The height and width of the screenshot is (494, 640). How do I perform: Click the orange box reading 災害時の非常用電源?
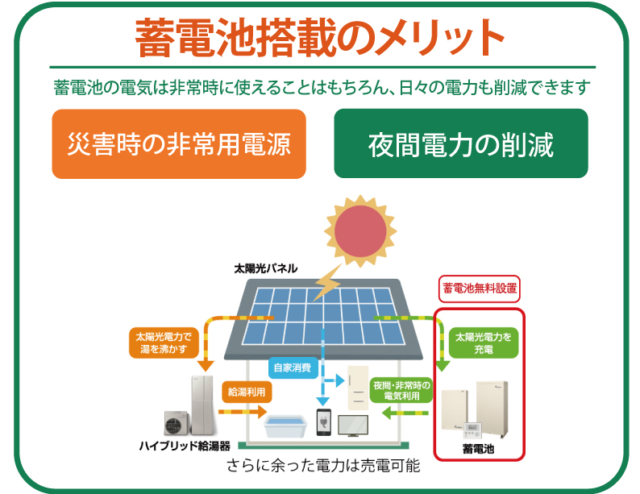[x=179, y=143]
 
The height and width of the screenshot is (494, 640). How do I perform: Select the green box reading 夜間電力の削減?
[x=461, y=143]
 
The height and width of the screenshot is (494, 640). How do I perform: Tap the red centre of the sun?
[x=360, y=231]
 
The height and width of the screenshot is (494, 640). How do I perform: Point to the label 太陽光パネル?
[x=266, y=268]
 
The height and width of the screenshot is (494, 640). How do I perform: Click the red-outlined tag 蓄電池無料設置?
[x=480, y=289]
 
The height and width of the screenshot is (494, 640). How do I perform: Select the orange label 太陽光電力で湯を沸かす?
[x=164, y=342]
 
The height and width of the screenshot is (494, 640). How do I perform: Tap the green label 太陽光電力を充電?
[x=484, y=342]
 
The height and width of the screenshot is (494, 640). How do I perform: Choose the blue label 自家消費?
[x=293, y=367]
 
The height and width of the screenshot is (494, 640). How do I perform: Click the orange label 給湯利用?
[x=247, y=392]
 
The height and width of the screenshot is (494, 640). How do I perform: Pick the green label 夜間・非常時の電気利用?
[x=401, y=390]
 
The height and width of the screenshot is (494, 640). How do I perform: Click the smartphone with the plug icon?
[x=324, y=422]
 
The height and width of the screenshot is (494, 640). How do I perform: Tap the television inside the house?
[x=353, y=426]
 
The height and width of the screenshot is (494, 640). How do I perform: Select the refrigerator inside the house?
[x=358, y=388]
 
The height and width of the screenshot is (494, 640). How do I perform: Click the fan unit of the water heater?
[x=177, y=423]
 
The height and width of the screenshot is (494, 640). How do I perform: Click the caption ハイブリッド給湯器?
[x=185, y=446]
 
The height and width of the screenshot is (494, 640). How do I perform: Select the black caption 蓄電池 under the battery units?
[x=478, y=449]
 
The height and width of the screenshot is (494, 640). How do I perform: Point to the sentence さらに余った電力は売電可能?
[x=323, y=466]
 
